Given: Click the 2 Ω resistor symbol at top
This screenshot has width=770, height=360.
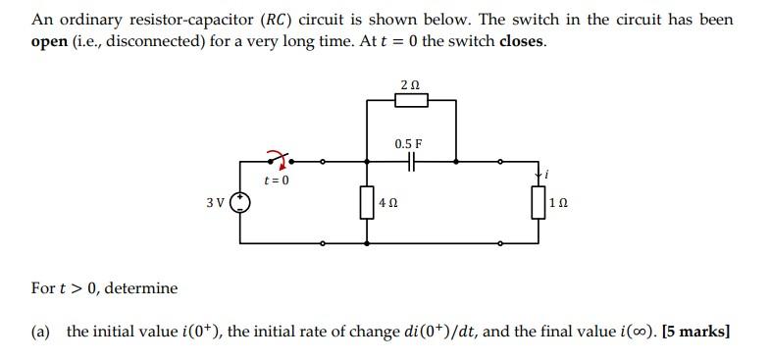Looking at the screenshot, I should pos(411,99).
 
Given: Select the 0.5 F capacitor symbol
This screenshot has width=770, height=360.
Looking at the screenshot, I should pos(411,160).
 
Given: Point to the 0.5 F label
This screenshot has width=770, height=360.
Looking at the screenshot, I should pos(410,143).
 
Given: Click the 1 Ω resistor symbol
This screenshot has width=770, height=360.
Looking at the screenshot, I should pos(538,204).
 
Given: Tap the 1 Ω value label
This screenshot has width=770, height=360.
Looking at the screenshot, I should pos(558,205).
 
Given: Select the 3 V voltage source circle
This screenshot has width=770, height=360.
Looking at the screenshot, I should pos(240,203).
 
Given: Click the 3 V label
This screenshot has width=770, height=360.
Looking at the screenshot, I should pos(216,203).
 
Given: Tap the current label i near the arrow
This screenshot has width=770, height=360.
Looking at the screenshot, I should pos(548,175).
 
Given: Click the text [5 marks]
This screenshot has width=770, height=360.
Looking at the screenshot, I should pos(696,331).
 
